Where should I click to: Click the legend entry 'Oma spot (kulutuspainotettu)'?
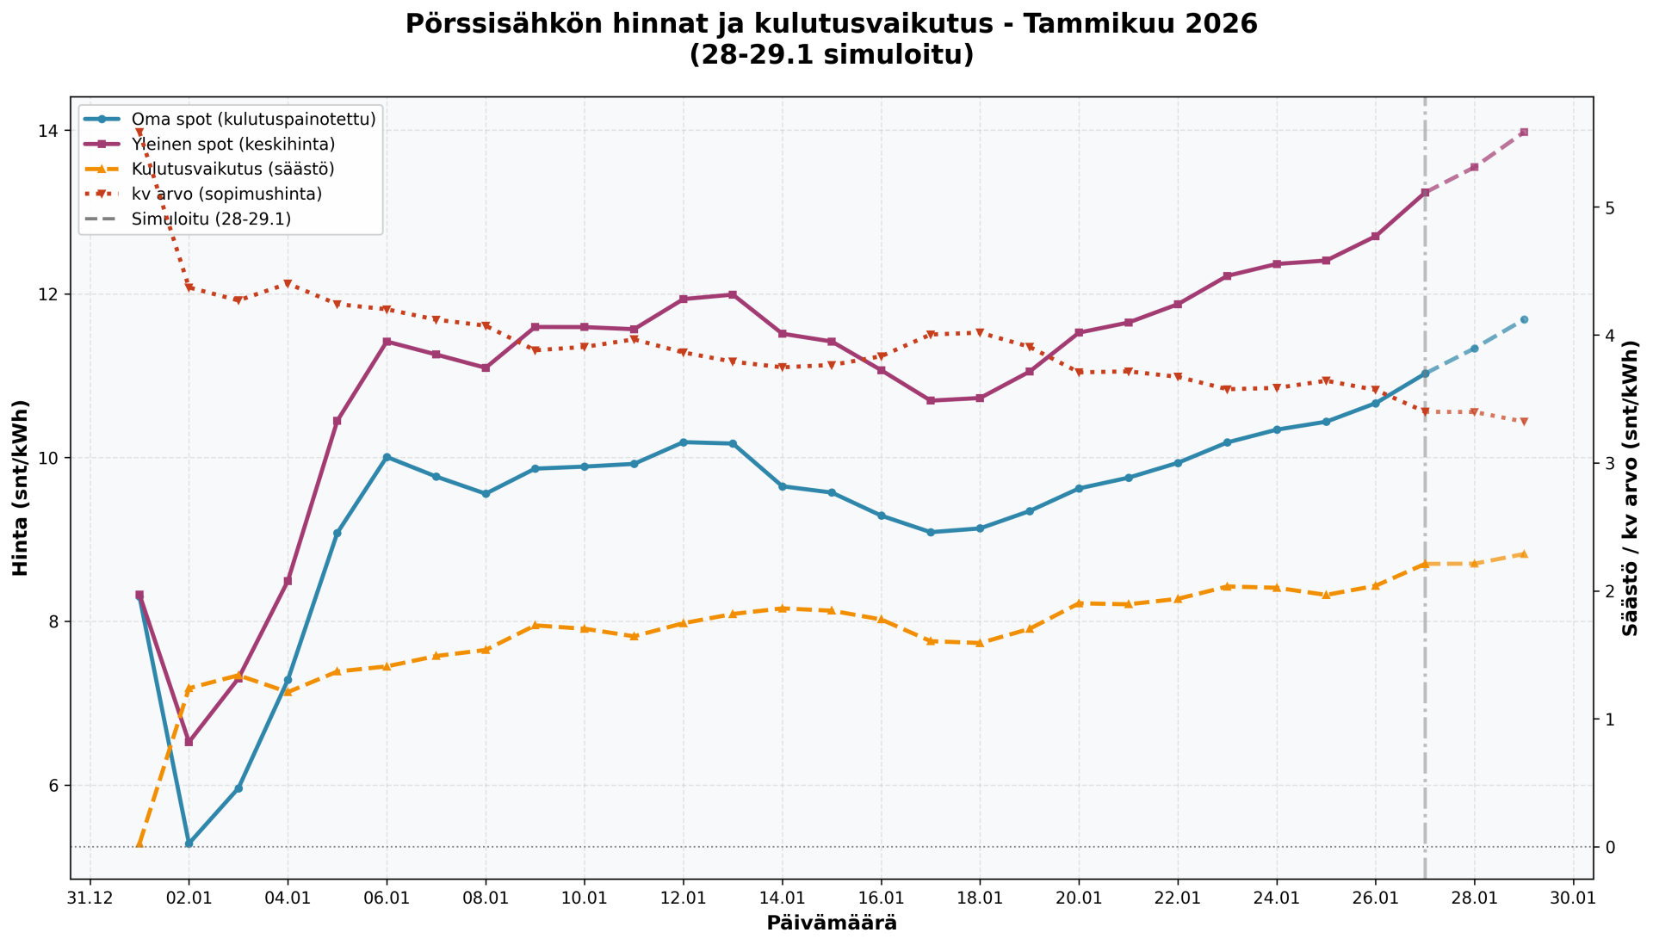point(253,120)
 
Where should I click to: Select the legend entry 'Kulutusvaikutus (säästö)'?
point(232,169)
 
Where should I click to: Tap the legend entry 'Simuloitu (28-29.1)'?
point(211,219)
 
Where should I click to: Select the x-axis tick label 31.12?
point(90,897)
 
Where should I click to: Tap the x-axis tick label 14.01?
point(782,897)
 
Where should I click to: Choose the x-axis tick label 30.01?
point(1573,897)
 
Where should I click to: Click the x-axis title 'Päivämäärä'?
point(832,923)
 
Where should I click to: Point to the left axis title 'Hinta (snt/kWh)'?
point(21,488)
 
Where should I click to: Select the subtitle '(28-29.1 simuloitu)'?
point(832,55)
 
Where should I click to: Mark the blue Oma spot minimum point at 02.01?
point(189,843)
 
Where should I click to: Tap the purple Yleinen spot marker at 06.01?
point(387,342)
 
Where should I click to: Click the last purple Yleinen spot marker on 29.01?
point(1524,132)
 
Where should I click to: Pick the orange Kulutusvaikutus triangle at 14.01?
point(782,608)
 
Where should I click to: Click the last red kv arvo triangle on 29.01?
point(1524,422)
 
